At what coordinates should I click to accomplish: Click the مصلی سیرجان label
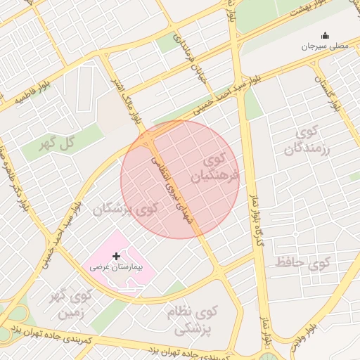click(x=325, y=46)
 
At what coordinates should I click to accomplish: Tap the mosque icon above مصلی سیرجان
click(x=325, y=35)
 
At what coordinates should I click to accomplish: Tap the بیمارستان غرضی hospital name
click(x=116, y=268)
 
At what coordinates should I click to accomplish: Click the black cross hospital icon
click(x=116, y=257)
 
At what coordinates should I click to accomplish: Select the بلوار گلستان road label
click(x=330, y=91)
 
